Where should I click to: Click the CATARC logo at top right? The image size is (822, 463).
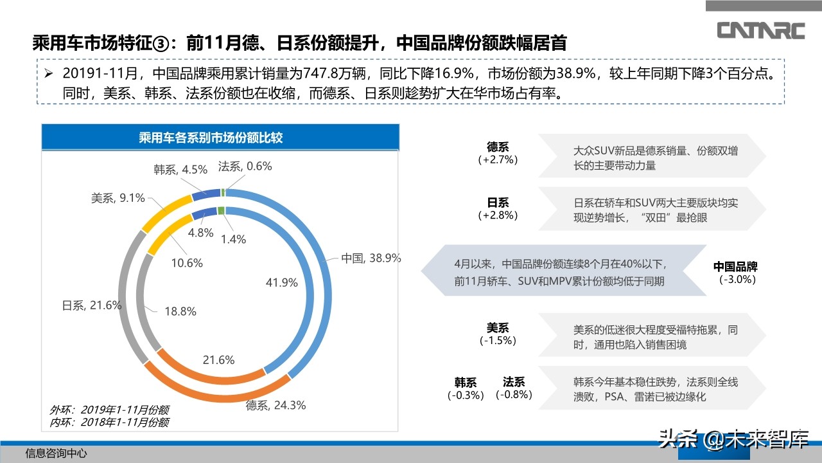(761, 30)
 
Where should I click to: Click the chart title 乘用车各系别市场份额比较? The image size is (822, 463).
(220, 138)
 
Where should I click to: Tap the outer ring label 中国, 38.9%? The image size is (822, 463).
(371, 258)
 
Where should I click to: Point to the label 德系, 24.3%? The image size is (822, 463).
(275, 405)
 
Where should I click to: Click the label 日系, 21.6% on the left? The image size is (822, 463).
(92, 305)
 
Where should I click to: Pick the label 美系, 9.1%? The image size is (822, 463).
(118, 198)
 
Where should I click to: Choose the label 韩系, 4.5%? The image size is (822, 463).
(180, 170)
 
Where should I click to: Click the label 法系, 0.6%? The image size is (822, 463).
(245, 166)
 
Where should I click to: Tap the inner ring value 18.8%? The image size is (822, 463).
(180, 311)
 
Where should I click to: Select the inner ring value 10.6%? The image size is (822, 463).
(187, 263)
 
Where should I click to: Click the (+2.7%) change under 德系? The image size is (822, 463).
(498, 159)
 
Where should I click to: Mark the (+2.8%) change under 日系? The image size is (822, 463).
(498, 215)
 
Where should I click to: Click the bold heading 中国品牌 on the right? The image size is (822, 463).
(736, 267)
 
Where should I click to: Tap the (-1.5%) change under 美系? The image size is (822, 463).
(498, 340)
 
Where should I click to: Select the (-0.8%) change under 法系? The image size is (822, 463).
(514, 395)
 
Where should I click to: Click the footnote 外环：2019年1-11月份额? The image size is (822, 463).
(110, 410)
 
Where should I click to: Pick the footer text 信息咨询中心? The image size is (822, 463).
(57, 453)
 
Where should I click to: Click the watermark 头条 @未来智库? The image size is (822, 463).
(731, 439)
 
